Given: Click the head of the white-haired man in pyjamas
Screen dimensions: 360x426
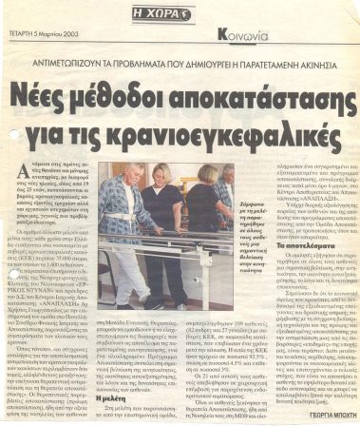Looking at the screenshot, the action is [139, 178].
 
